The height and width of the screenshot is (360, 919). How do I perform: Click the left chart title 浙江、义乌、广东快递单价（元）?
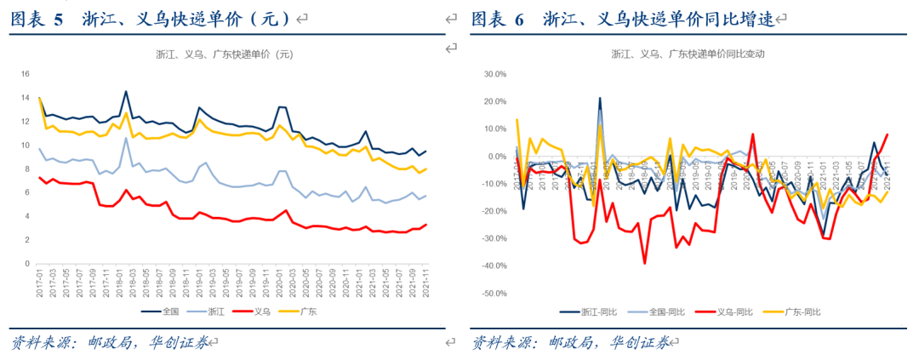(x=224, y=54)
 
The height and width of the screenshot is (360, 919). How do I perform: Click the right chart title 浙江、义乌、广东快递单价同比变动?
(x=688, y=53)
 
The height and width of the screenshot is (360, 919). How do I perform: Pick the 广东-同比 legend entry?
(x=799, y=312)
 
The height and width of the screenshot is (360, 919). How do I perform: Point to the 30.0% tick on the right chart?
(x=494, y=74)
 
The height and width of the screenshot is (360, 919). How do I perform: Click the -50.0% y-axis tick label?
(x=493, y=294)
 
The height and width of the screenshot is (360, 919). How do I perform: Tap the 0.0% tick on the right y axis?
(x=496, y=157)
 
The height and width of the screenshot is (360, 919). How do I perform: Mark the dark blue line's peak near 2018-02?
(x=126, y=91)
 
